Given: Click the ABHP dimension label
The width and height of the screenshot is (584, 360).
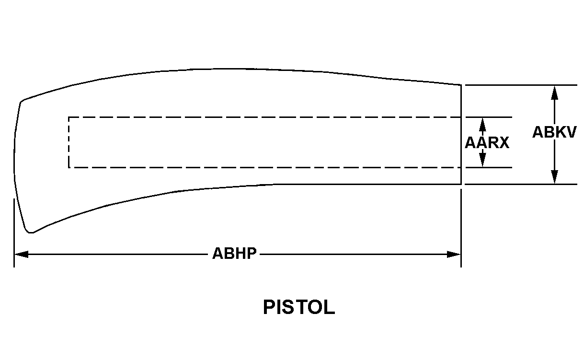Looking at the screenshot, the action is pyautogui.click(x=234, y=253).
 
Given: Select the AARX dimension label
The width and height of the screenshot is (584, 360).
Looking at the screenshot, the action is pyautogui.click(x=487, y=143).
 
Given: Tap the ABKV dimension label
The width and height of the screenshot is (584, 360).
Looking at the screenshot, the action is pyautogui.click(x=554, y=132).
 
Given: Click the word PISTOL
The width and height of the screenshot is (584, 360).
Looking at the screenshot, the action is pyautogui.click(x=299, y=307).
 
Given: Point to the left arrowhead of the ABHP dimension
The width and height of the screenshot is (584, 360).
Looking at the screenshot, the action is pyautogui.click(x=22, y=254).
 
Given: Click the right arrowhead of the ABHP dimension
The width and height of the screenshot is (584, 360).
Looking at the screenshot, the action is pyautogui.click(x=454, y=254).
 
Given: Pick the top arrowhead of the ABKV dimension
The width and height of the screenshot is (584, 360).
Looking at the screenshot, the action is pyautogui.click(x=555, y=93).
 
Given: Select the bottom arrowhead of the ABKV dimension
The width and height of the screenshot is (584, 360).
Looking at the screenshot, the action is pyautogui.click(x=555, y=177).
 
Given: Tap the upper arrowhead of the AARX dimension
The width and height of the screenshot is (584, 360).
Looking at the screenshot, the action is pyautogui.click(x=482, y=125).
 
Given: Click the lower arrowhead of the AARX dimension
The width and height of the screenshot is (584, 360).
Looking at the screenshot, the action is pyautogui.click(x=482, y=160).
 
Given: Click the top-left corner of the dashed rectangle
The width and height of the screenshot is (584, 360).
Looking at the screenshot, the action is pyautogui.click(x=69, y=117).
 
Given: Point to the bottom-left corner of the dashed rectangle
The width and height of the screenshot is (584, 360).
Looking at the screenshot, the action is pyautogui.click(x=69, y=167).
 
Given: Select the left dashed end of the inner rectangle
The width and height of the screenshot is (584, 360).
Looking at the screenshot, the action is pyautogui.click(x=69, y=142).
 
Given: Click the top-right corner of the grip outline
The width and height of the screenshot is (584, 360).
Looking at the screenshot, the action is pyautogui.click(x=461, y=85).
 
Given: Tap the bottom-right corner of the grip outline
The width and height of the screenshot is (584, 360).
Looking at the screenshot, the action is pyautogui.click(x=461, y=184).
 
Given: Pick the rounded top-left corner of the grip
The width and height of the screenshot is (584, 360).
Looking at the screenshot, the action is pyautogui.click(x=22, y=101).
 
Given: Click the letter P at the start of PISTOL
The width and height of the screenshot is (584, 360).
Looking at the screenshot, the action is pyautogui.click(x=269, y=307).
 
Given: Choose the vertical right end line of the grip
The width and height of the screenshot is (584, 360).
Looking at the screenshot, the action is pyautogui.click(x=461, y=135).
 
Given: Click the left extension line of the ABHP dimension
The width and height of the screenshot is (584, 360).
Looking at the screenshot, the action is pyautogui.click(x=14, y=233).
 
